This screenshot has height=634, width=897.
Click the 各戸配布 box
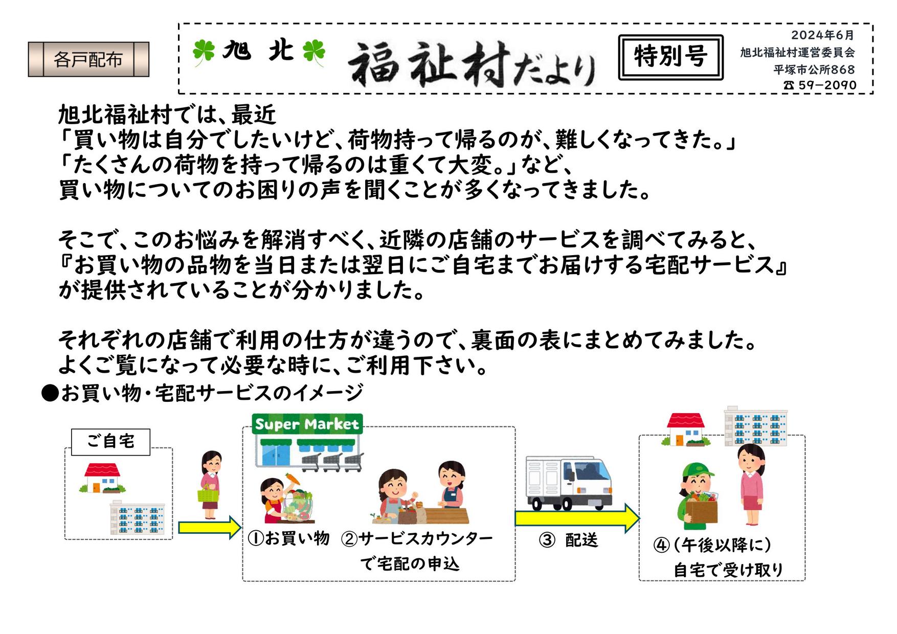tap(88, 59)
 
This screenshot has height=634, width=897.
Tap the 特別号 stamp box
tap(670, 57)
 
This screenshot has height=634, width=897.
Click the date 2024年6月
tap(822, 35)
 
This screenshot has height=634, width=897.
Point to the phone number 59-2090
tap(820, 85)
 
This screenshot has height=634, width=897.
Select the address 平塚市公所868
tap(814, 69)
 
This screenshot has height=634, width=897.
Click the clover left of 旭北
tap(204, 52)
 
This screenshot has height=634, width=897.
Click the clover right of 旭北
tap(313, 52)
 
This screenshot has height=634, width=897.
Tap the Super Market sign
tap(307, 424)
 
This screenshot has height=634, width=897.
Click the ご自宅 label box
tap(110, 442)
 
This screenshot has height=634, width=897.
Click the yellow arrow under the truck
tap(576, 517)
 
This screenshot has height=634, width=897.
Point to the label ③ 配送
tap(569, 540)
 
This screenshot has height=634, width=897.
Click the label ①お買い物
tap(288, 538)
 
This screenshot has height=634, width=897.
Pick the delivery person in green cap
tap(699, 496)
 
